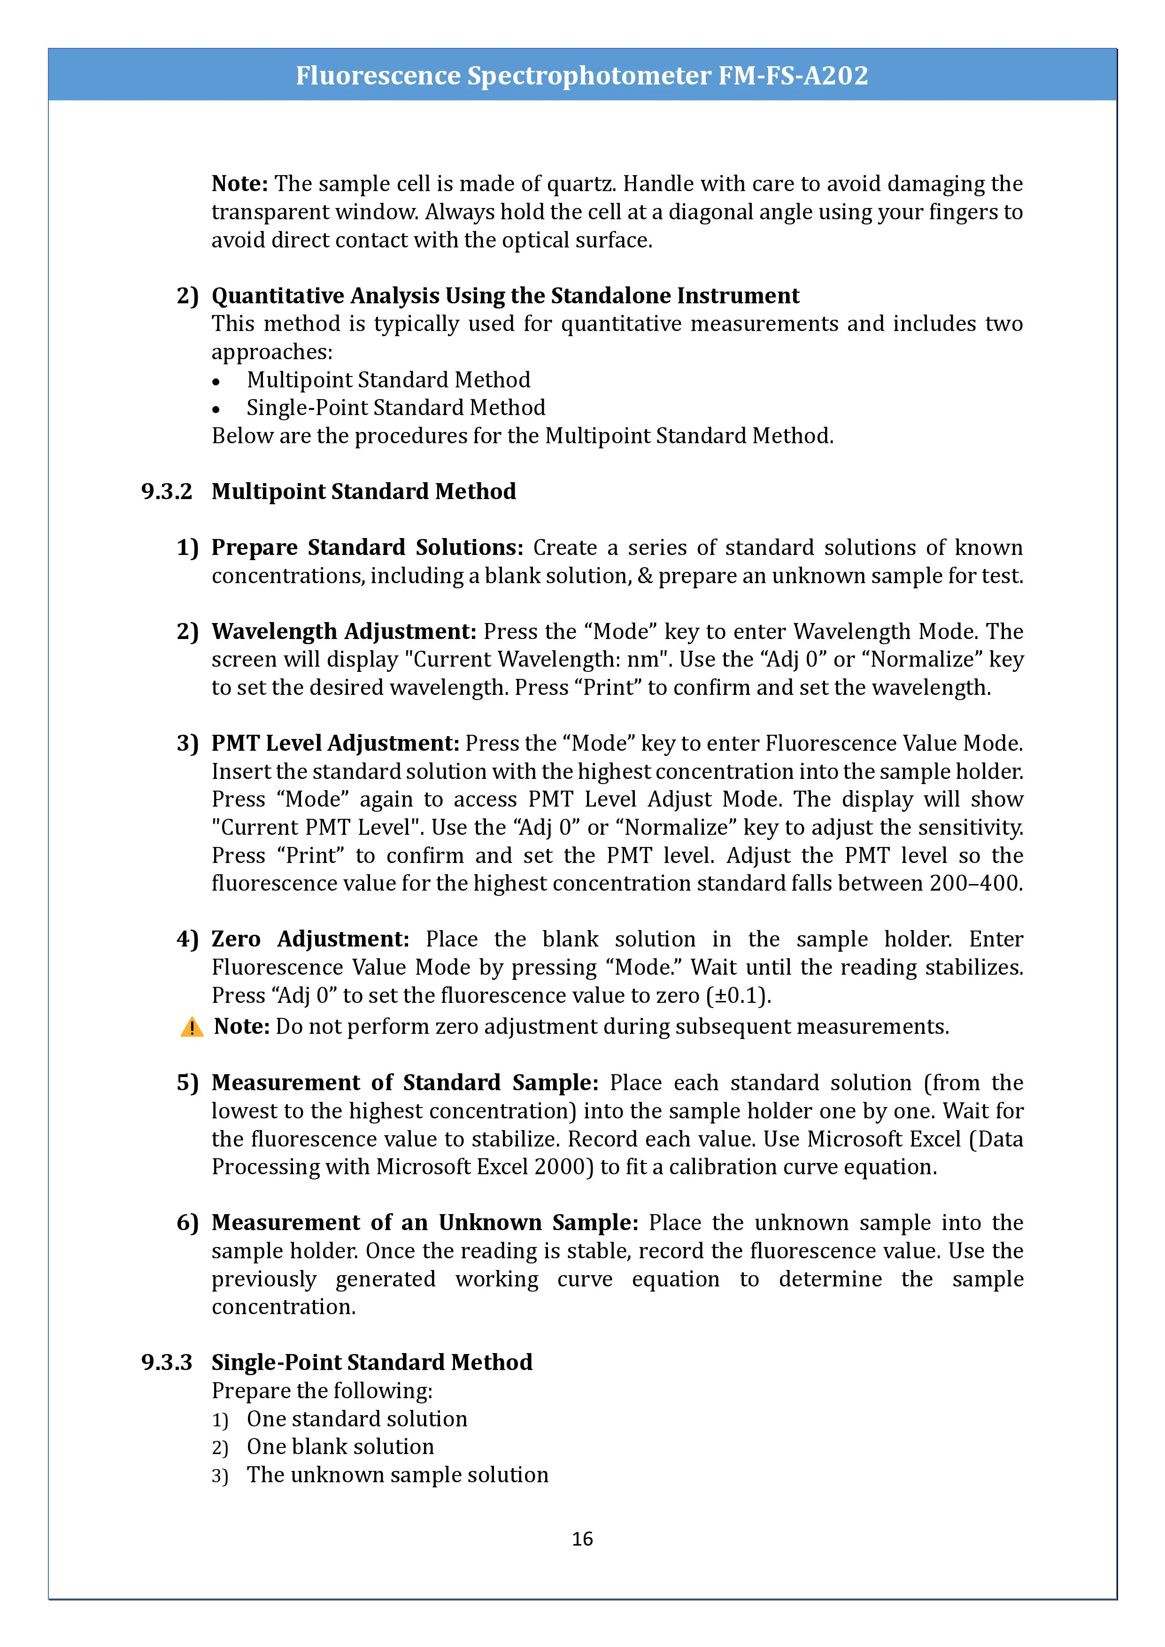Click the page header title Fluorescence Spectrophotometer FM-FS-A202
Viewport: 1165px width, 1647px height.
[x=582, y=75]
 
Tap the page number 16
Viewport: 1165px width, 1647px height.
[x=582, y=1538]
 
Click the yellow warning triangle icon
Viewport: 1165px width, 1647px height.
[x=192, y=1027]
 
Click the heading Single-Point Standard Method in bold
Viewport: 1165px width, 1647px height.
[x=371, y=1362]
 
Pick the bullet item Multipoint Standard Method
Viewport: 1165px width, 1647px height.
[x=388, y=379]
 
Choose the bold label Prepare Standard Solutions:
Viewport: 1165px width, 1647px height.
[x=367, y=547]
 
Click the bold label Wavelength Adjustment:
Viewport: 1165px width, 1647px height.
[x=344, y=631]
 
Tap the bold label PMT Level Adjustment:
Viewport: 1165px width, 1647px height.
[x=335, y=743]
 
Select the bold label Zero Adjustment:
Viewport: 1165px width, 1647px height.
[x=310, y=939]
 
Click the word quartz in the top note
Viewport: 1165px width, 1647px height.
[x=580, y=184]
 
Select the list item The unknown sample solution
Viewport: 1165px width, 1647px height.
[x=397, y=1474]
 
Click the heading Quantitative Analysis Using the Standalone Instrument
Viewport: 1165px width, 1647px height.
[x=505, y=295]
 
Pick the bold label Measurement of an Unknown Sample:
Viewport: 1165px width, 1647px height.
[x=424, y=1222]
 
